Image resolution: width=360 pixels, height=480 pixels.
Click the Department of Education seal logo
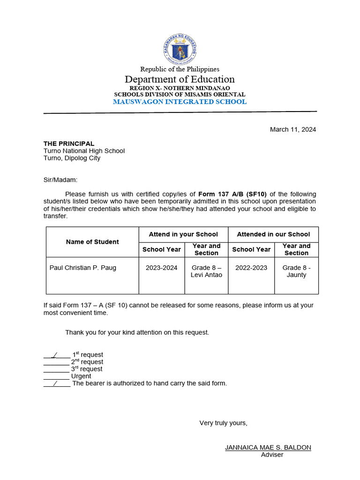click(x=180, y=50)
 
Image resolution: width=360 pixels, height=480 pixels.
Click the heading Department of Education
click(x=180, y=79)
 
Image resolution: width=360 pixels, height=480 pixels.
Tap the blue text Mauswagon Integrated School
click(x=180, y=102)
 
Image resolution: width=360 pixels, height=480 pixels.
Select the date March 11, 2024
click(x=292, y=129)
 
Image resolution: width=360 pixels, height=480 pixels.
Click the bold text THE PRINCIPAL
click(x=69, y=143)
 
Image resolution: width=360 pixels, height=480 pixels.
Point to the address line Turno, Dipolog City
click(x=72, y=158)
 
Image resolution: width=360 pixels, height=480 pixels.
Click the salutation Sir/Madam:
click(x=60, y=180)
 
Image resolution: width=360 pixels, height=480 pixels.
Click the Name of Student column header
click(x=92, y=242)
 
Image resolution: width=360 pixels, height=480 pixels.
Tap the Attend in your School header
click(x=183, y=234)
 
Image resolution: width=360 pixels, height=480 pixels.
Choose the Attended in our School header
click(x=273, y=234)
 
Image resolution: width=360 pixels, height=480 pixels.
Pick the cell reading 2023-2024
click(x=162, y=268)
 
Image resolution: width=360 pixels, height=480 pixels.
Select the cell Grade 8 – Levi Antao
click(x=206, y=271)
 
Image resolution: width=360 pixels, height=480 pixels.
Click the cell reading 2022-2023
click(x=251, y=268)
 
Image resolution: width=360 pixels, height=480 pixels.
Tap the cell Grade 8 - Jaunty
click(x=296, y=271)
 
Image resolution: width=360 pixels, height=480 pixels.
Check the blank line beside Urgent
click(x=56, y=376)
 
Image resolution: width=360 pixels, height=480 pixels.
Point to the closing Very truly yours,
click(x=223, y=423)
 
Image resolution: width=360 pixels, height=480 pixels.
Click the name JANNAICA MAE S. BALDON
click(x=268, y=447)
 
